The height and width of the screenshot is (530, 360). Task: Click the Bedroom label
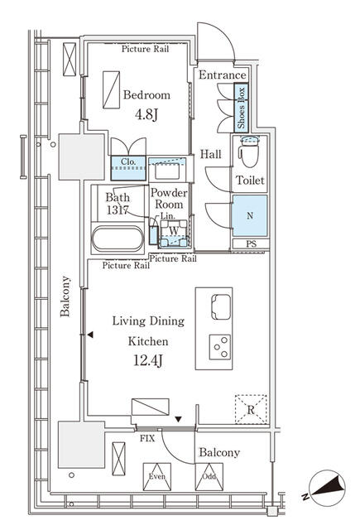click(146, 95)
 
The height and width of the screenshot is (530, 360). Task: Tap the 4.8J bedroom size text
click(146, 114)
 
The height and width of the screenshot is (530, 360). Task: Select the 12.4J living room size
click(148, 361)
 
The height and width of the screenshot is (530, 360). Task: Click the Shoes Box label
click(241, 108)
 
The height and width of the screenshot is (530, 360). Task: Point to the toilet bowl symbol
click(250, 152)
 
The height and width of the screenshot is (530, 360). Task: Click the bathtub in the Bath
click(118, 238)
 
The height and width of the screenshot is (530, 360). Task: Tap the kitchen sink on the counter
click(221, 306)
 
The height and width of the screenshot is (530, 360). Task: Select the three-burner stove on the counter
click(220, 347)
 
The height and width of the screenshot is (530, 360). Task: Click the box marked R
click(251, 409)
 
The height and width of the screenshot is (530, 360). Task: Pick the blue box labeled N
click(250, 215)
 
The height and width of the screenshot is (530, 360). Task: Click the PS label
click(251, 243)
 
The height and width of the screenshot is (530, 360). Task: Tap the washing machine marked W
click(174, 234)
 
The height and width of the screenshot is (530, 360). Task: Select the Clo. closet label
click(128, 161)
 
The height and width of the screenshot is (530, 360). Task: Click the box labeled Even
click(157, 477)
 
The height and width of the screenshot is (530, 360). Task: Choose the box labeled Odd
click(209, 477)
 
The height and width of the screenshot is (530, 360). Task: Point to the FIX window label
click(147, 439)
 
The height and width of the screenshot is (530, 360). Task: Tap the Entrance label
click(223, 75)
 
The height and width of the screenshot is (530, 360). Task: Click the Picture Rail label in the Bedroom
click(145, 49)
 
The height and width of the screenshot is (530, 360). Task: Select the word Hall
click(211, 155)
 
